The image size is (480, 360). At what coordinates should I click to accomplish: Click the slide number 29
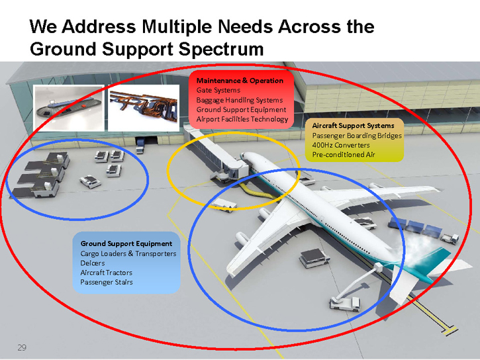[x=22, y=347]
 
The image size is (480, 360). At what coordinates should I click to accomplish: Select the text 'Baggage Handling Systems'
[x=239, y=100]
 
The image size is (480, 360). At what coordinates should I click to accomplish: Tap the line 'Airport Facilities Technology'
[x=242, y=119]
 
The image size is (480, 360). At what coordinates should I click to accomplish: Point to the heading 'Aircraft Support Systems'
[x=353, y=125]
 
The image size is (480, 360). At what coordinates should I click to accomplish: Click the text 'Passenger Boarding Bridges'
[x=357, y=135]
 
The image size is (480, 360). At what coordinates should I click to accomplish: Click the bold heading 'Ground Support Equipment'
[x=126, y=244]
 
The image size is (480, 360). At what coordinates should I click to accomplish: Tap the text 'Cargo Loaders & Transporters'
[x=128, y=253]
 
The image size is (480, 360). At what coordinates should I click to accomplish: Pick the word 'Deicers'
[x=92, y=263]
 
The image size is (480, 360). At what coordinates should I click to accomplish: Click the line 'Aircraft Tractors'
[x=106, y=272]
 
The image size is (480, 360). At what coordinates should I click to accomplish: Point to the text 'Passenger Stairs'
[x=106, y=282]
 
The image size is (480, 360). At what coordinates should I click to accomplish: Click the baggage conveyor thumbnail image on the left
[x=70, y=107]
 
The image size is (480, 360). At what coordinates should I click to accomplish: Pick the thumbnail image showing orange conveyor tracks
[x=144, y=107]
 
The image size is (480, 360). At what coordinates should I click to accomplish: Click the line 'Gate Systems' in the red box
[x=218, y=90]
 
